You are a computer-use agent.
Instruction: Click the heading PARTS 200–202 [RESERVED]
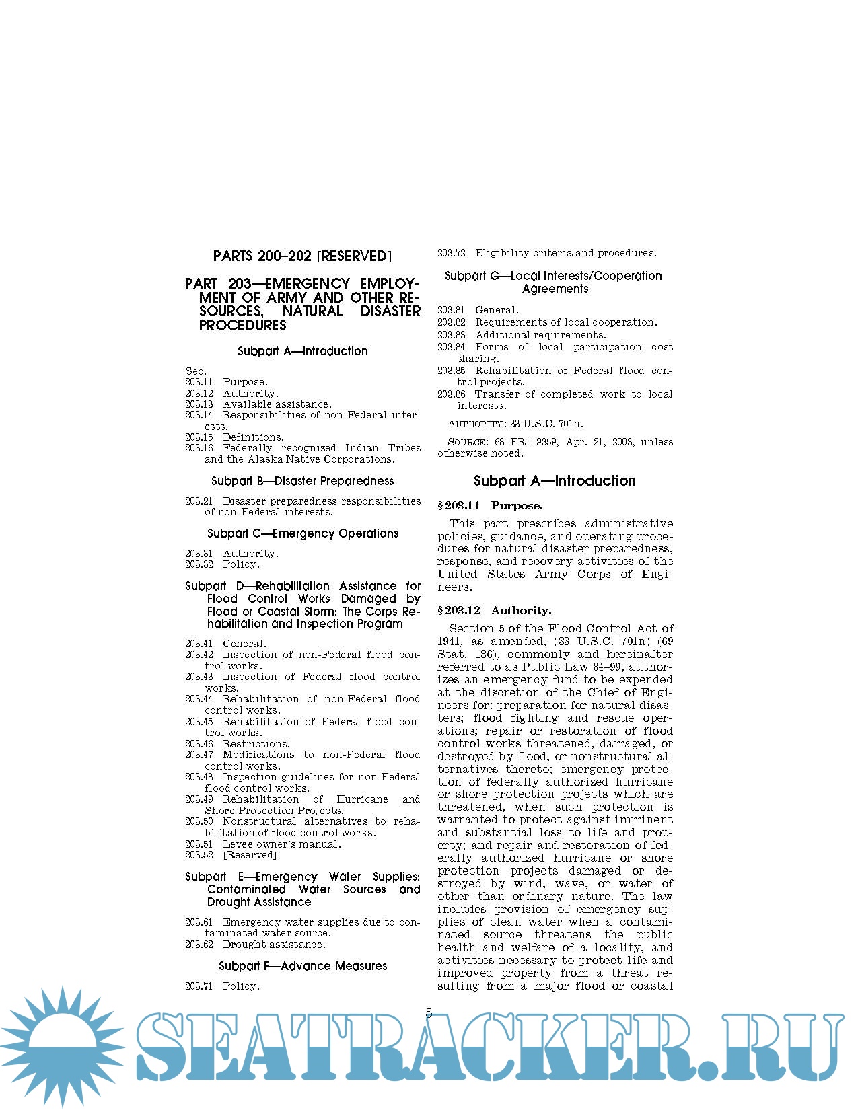point(302,256)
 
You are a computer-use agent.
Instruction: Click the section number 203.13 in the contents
point(199,404)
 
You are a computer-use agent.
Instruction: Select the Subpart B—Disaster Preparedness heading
point(302,481)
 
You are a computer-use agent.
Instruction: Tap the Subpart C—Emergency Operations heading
point(302,533)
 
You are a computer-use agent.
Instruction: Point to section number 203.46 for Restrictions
point(199,744)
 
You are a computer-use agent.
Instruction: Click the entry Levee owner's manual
point(282,844)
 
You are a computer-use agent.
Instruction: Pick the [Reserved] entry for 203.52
point(250,855)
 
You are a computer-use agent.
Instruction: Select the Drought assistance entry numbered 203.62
point(274,945)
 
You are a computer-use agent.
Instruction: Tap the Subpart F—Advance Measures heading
point(302,966)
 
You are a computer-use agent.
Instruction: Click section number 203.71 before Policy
point(199,986)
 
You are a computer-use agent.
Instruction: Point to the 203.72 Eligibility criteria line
point(546,253)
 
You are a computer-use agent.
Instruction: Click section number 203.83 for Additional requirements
point(451,335)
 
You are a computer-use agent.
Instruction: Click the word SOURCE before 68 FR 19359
point(468,442)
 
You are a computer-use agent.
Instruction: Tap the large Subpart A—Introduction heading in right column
point(555,480)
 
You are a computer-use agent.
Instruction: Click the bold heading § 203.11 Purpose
point(490,505)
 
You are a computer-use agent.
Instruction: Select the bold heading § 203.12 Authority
point(494,610)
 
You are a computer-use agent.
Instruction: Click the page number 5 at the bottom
point(429,1013)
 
